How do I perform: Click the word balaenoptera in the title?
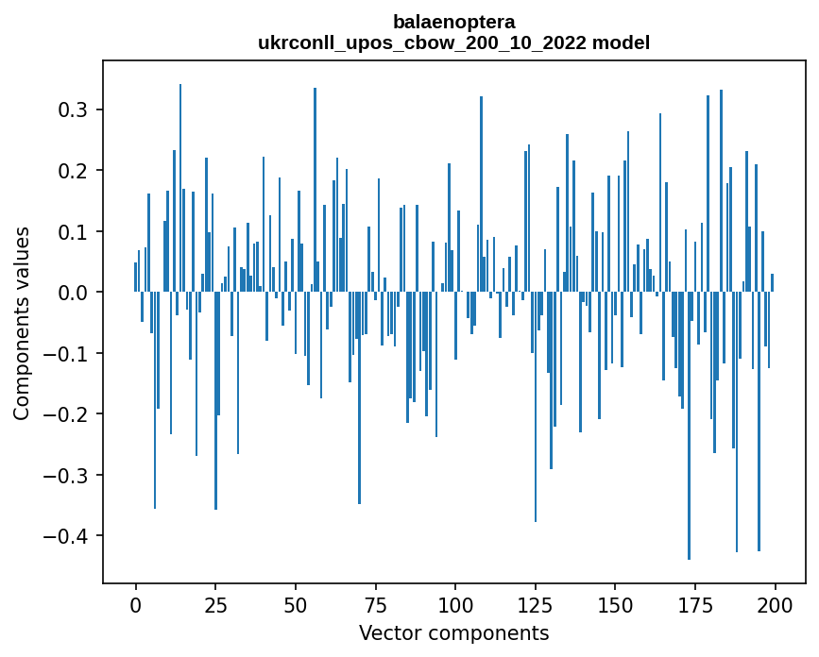(453, 22)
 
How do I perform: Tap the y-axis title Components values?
(22, 323)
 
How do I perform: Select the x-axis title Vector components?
(453, 632)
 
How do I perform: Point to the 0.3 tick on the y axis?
(75, 110)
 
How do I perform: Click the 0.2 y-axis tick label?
(75, 171)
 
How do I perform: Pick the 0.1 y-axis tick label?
(75, 232)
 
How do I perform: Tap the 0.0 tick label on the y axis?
(75, 293)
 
